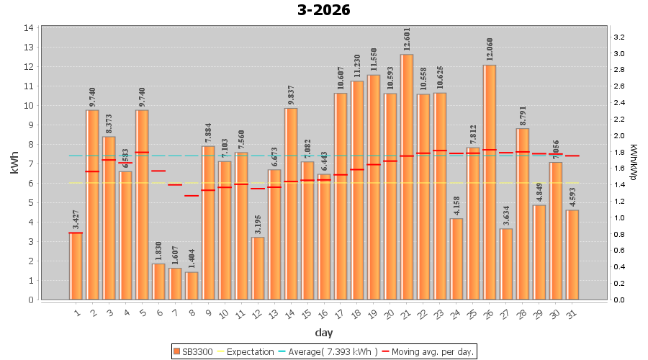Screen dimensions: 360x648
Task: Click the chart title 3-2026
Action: pos(323,10)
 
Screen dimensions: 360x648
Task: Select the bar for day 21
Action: pos(407,176)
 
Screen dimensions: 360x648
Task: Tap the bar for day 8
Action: pos(192,286)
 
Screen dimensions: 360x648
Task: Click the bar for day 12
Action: pos(258,268)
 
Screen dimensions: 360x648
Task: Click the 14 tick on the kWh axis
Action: pos(30,27)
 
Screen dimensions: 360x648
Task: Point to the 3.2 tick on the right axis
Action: pos(618,37)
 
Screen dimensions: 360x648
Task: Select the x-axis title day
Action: pos(324,332)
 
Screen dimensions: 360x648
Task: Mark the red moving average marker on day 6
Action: pos(158,171)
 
